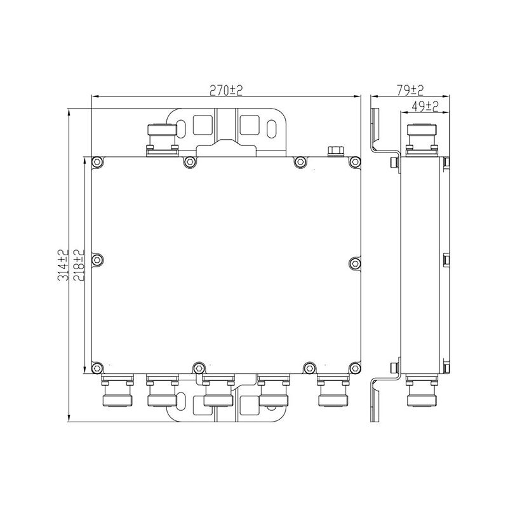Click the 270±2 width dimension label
[226, 90]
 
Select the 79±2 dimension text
[410, 90]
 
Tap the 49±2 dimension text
[425, 106]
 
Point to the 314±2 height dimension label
[63, 265]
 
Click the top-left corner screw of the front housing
[97, 162]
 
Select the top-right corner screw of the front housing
[356, 162]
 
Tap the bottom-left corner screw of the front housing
[97, 368]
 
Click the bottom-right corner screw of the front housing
[356, 368]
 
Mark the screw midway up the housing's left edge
[98, 260]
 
